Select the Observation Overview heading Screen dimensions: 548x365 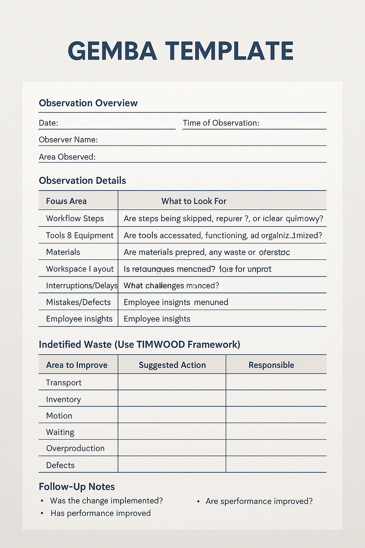(x=88, y=103)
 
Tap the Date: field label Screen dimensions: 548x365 (x=48, y=123)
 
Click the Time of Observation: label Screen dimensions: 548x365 (x=221, y=123)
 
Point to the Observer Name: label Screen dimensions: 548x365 (x=68, y=140)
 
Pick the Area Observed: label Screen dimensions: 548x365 (x=67, y=157)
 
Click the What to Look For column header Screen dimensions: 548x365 (x=194, y=201)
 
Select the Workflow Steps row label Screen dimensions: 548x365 (x=75, y=218)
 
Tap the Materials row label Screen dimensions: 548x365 (x=63, y=252)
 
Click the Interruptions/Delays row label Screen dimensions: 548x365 (x=82, y=286)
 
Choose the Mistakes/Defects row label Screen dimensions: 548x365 (x=78, y=303)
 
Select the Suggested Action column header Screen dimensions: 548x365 (x=172, y=365)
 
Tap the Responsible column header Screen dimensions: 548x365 (x=271, y=365)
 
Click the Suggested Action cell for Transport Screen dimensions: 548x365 (x=172, y=382)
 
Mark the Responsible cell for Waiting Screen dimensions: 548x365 (x=276, y=431)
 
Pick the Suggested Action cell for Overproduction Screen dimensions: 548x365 (x=172, y=448)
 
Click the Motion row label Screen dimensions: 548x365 (x=59, y=416)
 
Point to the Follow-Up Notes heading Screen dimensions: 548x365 (x=77, y=487)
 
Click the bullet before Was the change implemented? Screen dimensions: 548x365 (x=42, y=501)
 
